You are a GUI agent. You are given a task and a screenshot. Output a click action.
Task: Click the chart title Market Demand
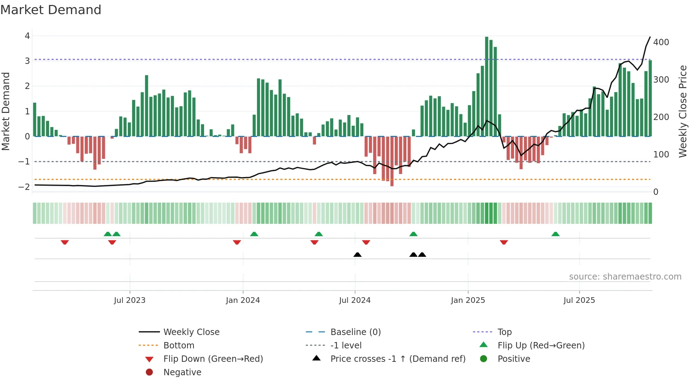point(51,10)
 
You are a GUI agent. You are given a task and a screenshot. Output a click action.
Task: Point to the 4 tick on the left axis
point(27,36)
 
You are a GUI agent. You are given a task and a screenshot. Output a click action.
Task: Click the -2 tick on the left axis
point(24,187)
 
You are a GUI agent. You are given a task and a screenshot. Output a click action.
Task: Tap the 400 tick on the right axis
point(661,42)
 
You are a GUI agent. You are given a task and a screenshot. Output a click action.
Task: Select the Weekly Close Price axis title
point(683,111)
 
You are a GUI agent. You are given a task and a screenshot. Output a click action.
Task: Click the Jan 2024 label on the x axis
point(243,300)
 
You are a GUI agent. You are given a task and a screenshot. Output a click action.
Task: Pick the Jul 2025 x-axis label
point(579,300)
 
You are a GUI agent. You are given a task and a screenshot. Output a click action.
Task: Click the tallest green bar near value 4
point(487,86)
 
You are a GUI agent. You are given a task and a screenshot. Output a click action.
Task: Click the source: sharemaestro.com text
point(625,277)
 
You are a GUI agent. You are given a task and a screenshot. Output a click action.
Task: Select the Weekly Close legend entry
point(191,332)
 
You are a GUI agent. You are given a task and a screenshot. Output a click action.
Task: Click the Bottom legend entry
point(179,346)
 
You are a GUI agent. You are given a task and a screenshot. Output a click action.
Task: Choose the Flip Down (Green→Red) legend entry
point(213,359)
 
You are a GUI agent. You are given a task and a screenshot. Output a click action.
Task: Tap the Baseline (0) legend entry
point(355,332)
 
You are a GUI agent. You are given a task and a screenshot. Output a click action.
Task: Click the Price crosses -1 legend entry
point(398,359)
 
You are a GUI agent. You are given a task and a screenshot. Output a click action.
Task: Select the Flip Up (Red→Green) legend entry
point(541,346)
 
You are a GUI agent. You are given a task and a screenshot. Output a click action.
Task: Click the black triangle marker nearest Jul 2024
point(357,255)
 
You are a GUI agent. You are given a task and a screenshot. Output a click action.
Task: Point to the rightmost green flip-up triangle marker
point(555,234)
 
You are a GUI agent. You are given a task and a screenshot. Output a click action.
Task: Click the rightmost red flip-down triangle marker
point(504,242)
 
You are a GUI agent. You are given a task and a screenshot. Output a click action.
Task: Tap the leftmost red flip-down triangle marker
point(65,242)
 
